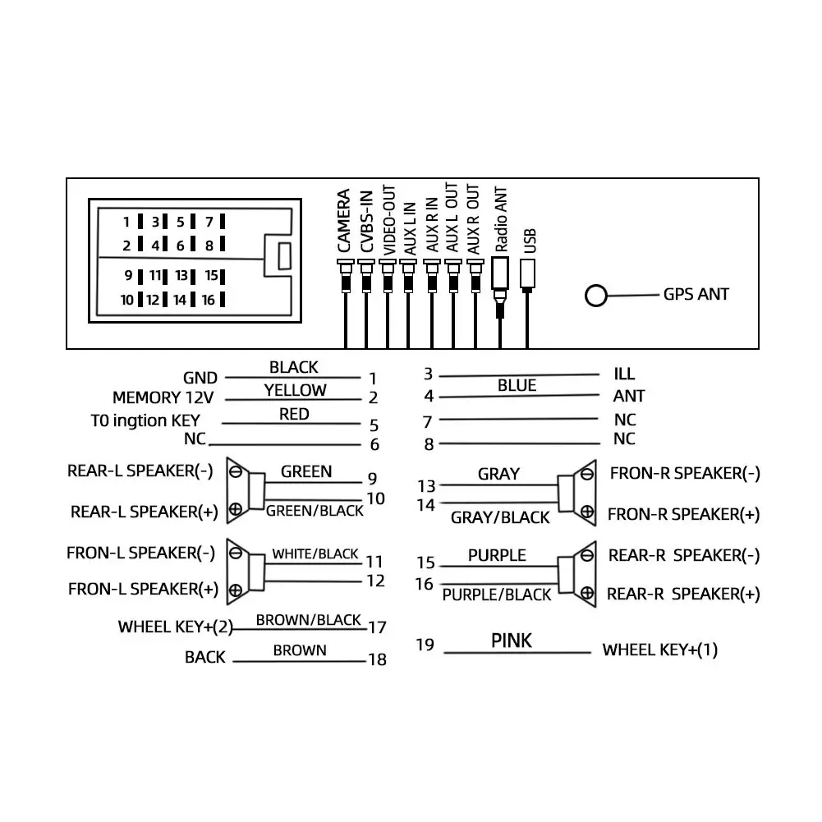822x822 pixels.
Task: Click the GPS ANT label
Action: point(696,294)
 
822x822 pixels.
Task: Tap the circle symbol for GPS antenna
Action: point(595,296)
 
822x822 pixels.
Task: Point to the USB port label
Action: point(530,239)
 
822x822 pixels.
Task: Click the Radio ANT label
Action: point(501,218)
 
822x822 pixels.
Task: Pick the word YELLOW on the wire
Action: point(295,390)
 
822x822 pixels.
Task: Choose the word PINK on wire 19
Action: point(512,641)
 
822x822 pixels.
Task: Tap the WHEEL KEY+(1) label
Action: point(660,650)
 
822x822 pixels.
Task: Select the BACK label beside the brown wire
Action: point(204,658)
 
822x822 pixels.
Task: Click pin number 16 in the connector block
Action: point(208,301)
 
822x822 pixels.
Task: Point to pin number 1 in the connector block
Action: point(127,222)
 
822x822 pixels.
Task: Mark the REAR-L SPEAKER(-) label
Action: point(140,471)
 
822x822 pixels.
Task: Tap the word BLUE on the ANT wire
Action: point(517,385)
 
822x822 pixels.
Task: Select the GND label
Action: point(200,378)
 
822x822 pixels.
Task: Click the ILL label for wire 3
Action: point(624,374)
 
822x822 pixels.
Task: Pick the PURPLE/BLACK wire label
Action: point(497,595)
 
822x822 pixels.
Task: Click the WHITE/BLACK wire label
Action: point(315,553)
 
